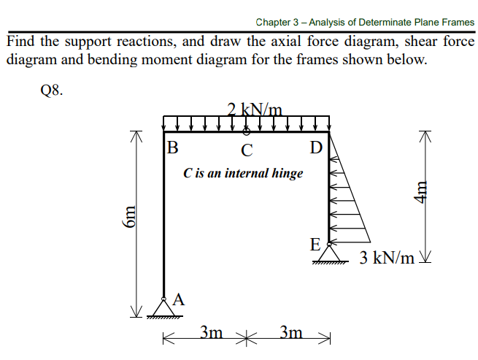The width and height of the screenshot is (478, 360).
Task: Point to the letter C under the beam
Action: pos(247,151)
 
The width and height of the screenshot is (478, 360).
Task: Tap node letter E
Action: pos(315,245)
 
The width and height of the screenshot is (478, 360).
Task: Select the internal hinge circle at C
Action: pos(247,132)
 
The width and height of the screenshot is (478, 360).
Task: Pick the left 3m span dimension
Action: pos(212,333)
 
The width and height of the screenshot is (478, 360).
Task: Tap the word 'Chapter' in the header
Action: pos(274,23)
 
